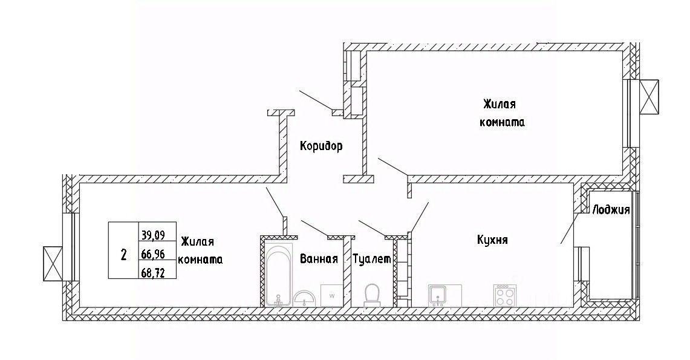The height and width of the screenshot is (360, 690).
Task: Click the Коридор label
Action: pos(321,146)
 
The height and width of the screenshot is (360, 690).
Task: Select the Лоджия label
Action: pos(611,211)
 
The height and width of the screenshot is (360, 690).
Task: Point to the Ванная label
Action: pos(319,260)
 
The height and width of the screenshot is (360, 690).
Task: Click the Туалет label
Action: pos(372,260)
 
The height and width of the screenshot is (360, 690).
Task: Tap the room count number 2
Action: pos(123,254)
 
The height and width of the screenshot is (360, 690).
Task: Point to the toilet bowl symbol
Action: pos(371,295)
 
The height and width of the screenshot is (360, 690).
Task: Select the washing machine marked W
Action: pos(332,295)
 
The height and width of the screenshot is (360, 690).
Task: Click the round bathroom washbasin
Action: pos(305,298)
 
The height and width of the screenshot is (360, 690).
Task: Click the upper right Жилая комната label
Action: pos(501,113)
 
